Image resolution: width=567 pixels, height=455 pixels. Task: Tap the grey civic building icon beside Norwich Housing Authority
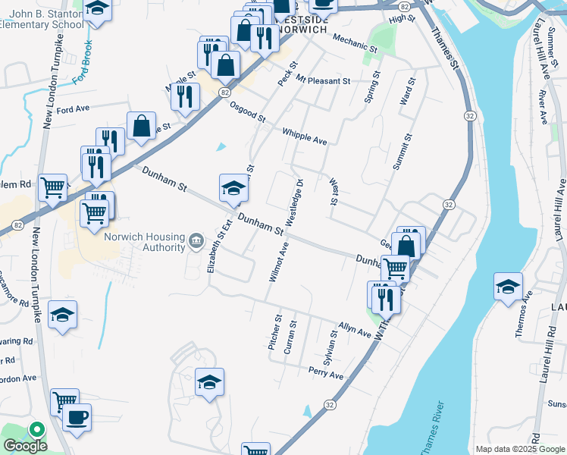pyautogui.click(x=196, y=241)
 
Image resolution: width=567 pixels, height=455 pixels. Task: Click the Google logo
pyautogui.click(x=26, y=444)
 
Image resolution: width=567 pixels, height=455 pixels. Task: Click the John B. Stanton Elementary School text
pyautogui.click(x=42, y=18)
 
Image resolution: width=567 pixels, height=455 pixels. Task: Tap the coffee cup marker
pyautogui.click(x=77, y=417)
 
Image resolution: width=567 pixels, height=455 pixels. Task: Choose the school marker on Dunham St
pyautogui.click(x=233, y=188)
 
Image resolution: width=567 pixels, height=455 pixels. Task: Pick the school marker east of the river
pyautogui.click(x=507, y=287)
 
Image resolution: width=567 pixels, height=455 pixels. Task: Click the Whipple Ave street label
pyautogui.click(x=304, y=136)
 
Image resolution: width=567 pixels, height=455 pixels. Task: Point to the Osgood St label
pyautogui.click(x=248, y=112)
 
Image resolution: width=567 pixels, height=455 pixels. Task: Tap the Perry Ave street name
pyautogui.click(x=326, y=375)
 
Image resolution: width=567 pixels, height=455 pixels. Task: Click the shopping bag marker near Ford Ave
pyautogui.click(x=142, y=127)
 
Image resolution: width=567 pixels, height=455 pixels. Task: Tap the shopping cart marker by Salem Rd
pyautogui.click(x=52, y=187)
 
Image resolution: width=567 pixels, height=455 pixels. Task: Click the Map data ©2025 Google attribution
pyautogui.click(x=519, y=449)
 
